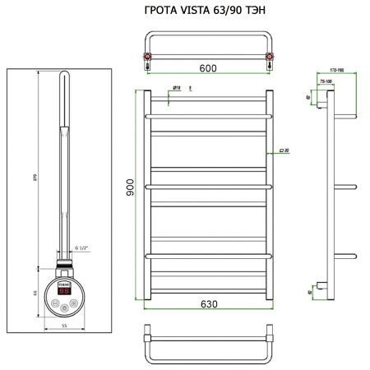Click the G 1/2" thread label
[x=81, y=248]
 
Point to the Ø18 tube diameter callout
[x=176, y=86]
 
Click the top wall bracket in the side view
[x=325, y=103]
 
